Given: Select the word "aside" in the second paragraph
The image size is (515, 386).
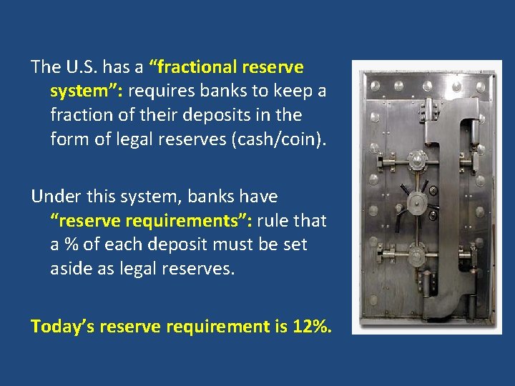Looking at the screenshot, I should pyautogui.click(x=71, y=268).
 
